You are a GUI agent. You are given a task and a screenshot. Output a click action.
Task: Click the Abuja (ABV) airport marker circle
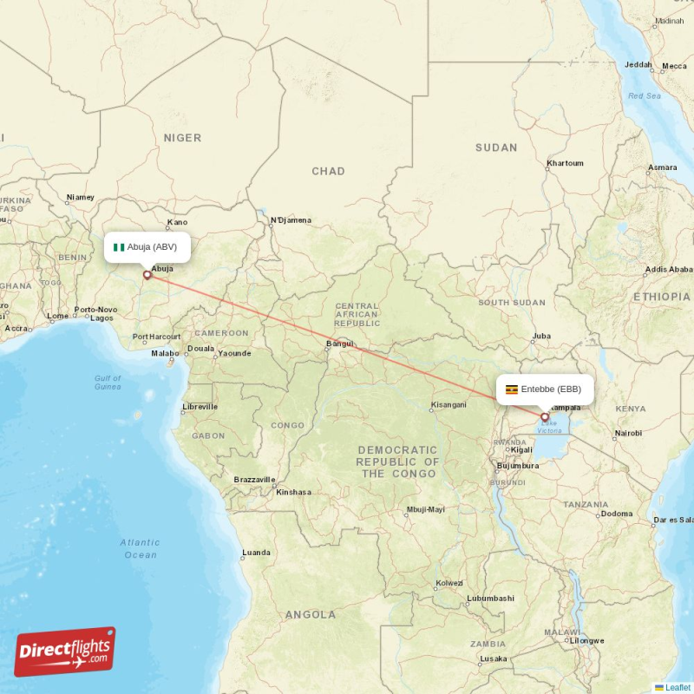pyautogui.click(x=147, y=275)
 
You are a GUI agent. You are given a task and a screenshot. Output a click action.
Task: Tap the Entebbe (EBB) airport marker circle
pyautogui.click(x=545, y=416)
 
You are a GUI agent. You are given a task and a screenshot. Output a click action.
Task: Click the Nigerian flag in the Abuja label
pyautogui.click(x=119, y=247)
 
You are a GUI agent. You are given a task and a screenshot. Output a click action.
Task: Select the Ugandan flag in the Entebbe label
pyautogui.click(x=512, y=390)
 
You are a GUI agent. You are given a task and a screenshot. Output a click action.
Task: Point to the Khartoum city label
pyautogui.click(x=565, y=163)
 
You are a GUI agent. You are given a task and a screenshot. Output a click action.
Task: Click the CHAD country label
pyautogui.click(x=328, y=172)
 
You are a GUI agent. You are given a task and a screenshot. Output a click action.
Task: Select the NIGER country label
pyautogui.click(x=182, y=138)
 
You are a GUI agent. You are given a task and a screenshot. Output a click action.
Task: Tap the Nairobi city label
pyautogui.click(x=627, y=432)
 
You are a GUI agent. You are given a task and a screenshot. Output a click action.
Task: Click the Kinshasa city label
pyautogui.click(x=293, y=492)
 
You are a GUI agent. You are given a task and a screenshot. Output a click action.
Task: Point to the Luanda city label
pyautogui.click(x=256, y=552)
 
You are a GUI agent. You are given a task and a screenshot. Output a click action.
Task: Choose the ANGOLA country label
pyautogui.click(x=310, y=614)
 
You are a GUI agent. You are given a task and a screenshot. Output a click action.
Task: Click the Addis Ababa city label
pyautogui.click(x=668, y=270)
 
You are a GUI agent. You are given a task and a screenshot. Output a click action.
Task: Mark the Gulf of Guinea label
pyautogui.click(x=108, y=382)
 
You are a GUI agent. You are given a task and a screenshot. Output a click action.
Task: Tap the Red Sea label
pyautogui.click(x=645, y=95)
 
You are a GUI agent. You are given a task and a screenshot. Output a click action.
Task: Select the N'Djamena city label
pyautogui.click(x=291, y=220)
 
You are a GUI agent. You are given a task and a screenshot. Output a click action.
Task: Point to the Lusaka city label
pyautogui.click(x=494, y=658)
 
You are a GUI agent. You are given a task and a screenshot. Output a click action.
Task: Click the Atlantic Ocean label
pyautogui.click(x=140, y=548)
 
